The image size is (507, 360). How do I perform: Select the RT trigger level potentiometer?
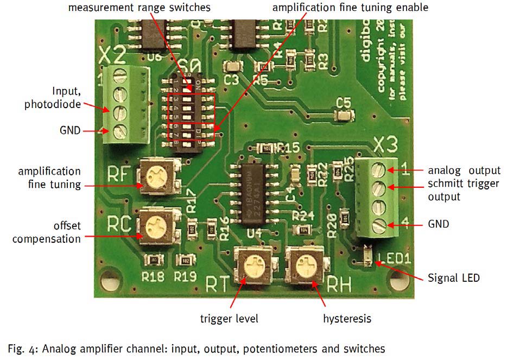tap(254, 264)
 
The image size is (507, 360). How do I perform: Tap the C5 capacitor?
tap(344, 115)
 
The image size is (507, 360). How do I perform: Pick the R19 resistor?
tap(186, 260)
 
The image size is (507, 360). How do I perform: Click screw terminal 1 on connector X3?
tap(378, 170)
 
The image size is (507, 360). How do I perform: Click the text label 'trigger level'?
tap(229, 318)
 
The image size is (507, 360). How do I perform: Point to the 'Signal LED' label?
tap(454, 278)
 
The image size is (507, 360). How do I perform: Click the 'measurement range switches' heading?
tap(140, 8)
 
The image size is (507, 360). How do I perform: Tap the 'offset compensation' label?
tap(47, 232)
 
